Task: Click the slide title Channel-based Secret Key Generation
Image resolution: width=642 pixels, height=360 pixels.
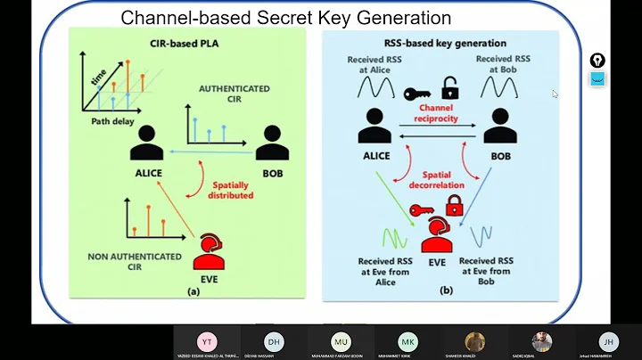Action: coord(285,18)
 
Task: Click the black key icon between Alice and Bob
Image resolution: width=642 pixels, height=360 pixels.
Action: coord(417,93)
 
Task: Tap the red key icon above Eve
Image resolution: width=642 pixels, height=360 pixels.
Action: coord(422,210)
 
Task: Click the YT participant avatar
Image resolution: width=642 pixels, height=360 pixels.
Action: coord(206,342)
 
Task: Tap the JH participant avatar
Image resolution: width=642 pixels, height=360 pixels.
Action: coord(608,342)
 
